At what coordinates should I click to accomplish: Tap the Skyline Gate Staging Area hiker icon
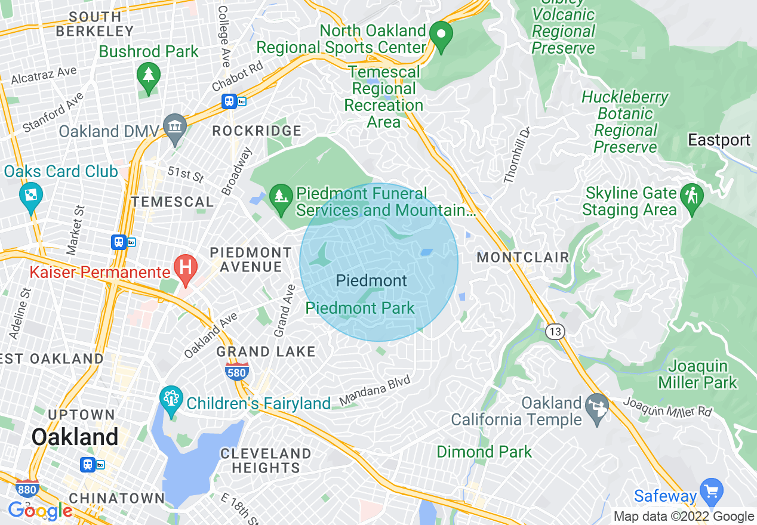pos(693,195)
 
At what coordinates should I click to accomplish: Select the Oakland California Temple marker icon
pos(597,406)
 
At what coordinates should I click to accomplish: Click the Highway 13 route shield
pos(555,332)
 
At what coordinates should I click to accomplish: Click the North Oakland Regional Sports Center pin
pos(441,35)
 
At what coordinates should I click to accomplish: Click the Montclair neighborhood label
pos(522,258)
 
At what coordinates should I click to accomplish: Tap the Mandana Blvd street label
pos(375,391)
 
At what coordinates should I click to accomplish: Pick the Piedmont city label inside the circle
pos(371,281)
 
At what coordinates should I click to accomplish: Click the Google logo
pos(41,511)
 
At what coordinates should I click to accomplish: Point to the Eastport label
pos(719,140)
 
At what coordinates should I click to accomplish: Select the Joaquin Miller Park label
pos(698,375)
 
